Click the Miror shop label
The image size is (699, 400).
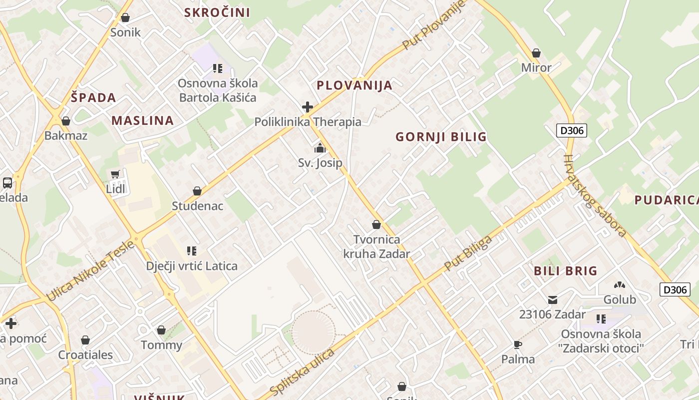pos(536,67)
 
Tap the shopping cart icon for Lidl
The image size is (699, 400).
pos(115,174)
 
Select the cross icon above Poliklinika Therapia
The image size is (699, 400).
pos(308,107)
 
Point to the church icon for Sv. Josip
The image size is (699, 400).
pos(320,148)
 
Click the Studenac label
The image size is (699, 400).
pos(197,205)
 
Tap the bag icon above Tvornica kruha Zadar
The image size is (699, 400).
pos(376,225)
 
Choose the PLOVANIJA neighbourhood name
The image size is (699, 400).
pos(354,85)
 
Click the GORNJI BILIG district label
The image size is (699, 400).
pos(441,136)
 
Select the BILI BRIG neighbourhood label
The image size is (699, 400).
pos(566,271)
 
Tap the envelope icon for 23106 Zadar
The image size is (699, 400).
pos(553,300)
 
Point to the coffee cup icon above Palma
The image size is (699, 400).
pos(518,344)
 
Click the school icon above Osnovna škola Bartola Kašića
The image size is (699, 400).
pos(217,68)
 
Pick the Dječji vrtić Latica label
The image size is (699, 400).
pos(192,265)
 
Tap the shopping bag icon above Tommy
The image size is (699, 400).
pos(161,330)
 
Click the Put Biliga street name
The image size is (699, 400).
pos(468,252)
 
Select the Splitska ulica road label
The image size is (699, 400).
pos(302,370)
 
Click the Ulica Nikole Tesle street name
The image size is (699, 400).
pos(91,270)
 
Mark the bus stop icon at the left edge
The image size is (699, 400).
pos(7,183)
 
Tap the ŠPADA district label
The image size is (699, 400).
pos(93,97)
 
